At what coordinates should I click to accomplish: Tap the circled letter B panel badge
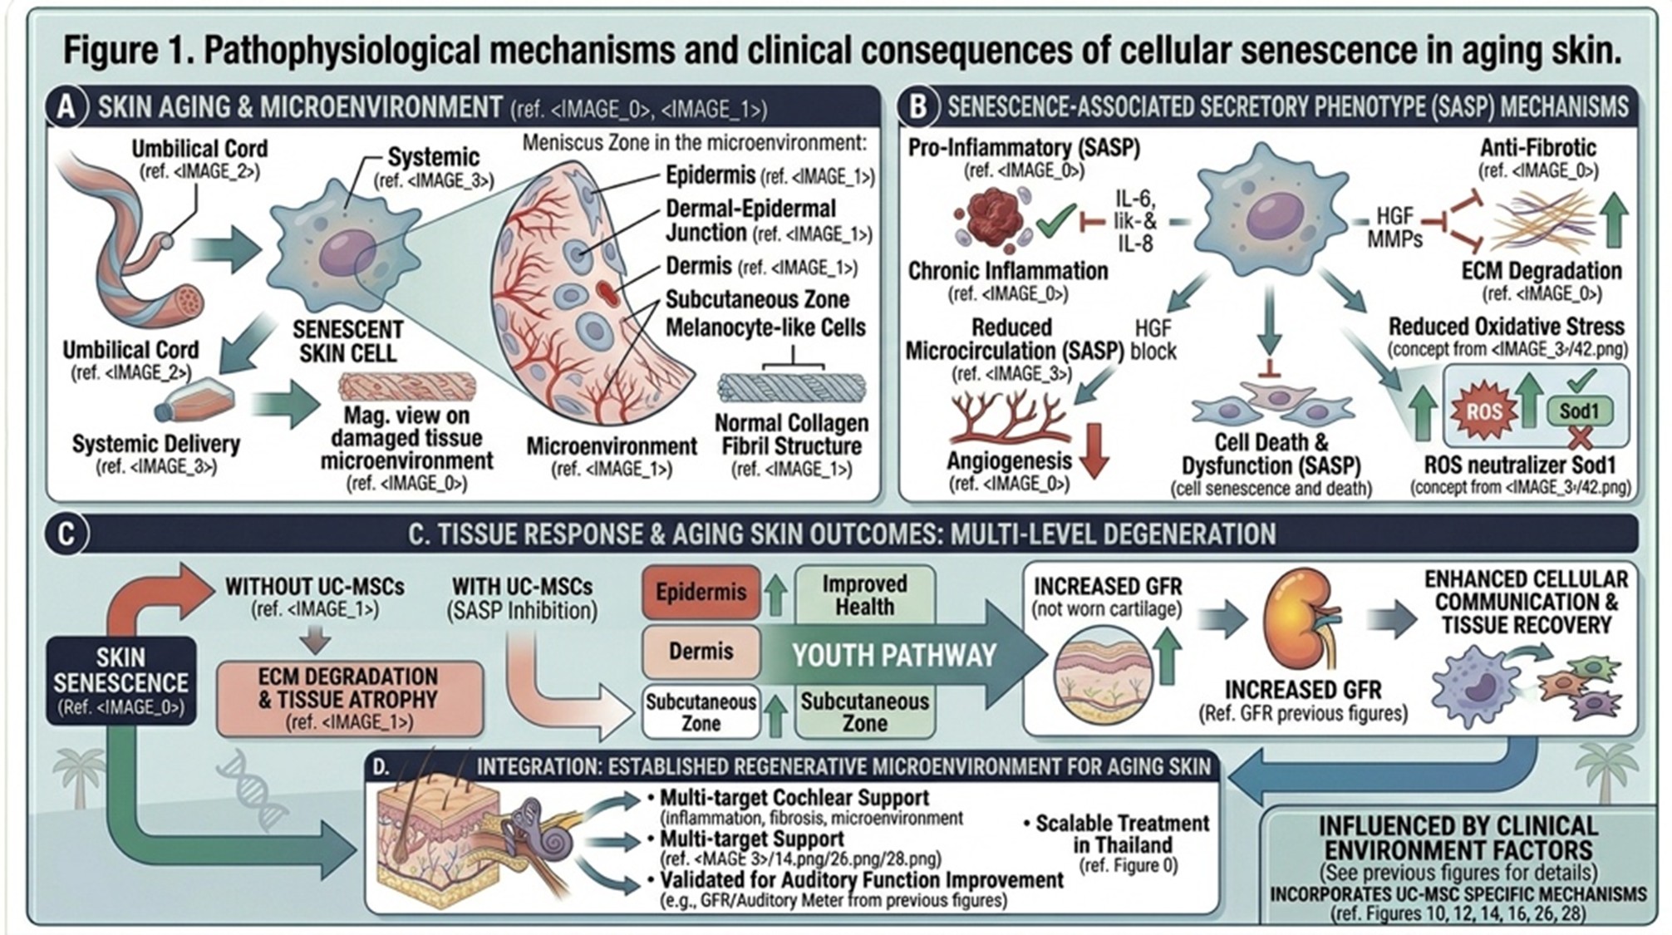(917, 108)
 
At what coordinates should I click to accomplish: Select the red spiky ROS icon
(1483, 411)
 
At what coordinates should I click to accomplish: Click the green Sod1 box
(1578, 411)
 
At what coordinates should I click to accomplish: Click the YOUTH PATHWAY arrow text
(893, 656)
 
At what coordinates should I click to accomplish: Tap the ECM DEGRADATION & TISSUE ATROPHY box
(349, 699)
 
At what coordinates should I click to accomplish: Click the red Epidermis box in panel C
(701, 593)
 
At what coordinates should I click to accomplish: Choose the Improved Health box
(864, 595)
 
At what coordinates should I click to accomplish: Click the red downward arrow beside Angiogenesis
(1094, 450)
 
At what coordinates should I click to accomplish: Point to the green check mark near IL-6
(1055, 221)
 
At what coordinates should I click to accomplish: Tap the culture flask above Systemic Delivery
(195, 401)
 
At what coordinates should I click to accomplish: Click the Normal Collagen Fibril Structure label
(790, 435)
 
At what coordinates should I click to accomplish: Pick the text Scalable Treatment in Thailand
(1121, 834)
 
